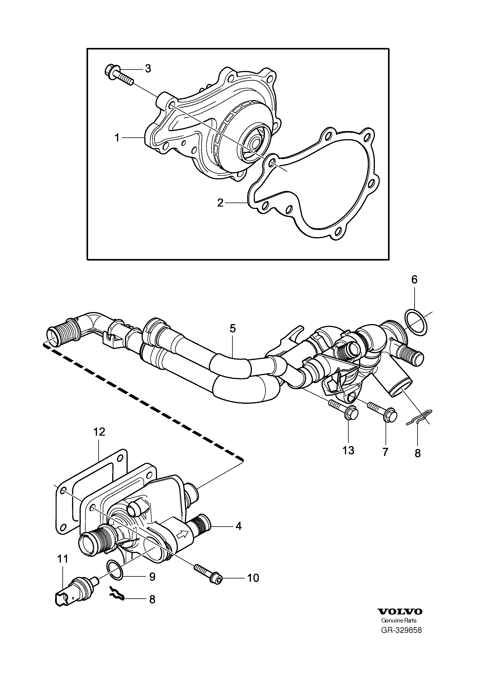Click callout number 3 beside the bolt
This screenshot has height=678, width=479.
click(148, 68)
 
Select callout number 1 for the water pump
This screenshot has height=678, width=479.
click(117, 138)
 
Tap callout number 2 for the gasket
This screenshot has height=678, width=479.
click(220, 203)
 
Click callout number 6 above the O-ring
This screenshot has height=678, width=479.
click(414, 280)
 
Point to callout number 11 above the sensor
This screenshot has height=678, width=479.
click(63, 559)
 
